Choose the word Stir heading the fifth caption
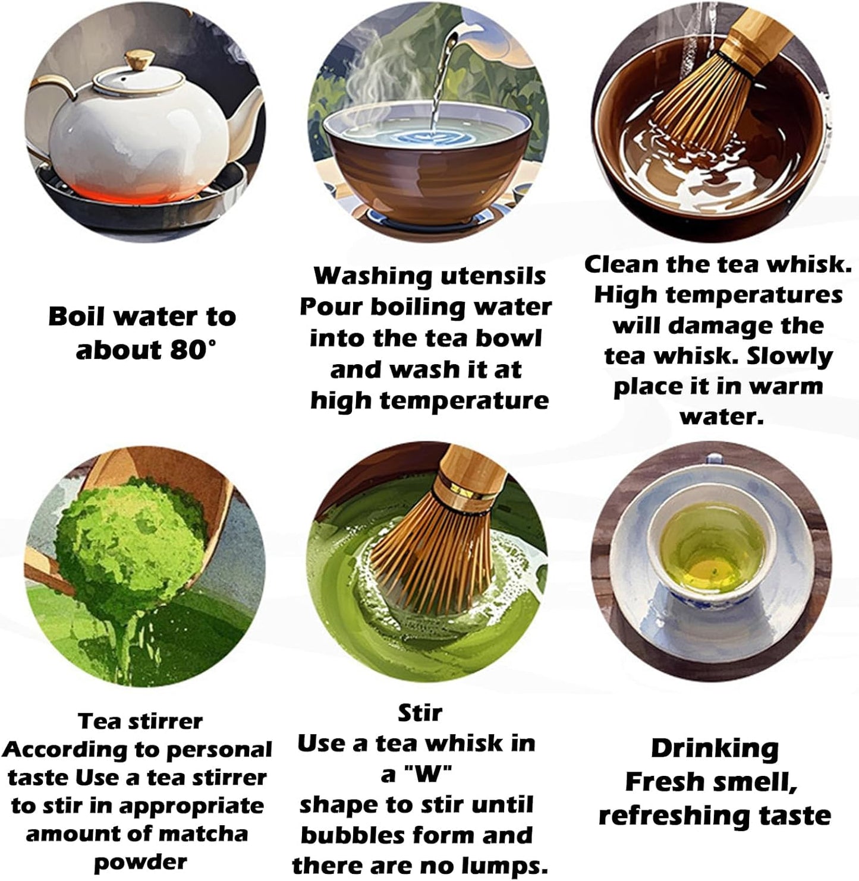click(420, 712)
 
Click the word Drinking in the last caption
click(714, 749)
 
